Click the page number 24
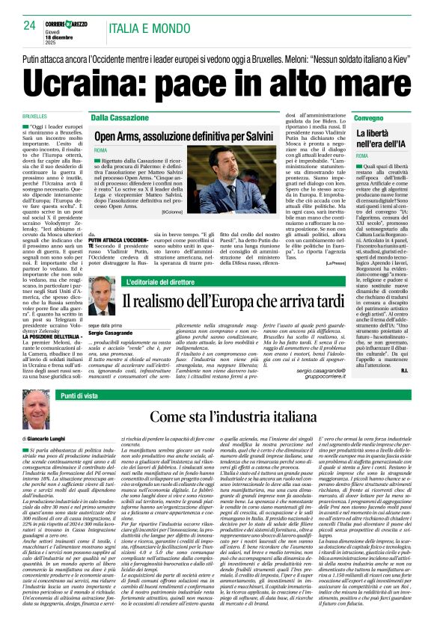30,25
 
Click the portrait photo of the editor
100,296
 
